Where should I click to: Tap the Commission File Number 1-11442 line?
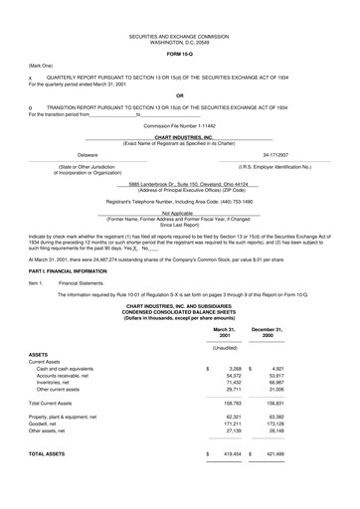[x=179, y=126]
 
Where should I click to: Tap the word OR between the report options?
[x=179, y=96]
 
